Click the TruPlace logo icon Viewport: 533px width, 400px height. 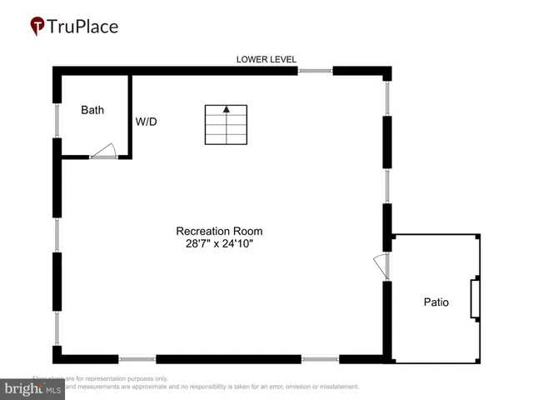pos(37,27)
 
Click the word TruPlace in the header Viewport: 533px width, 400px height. pos(82,27)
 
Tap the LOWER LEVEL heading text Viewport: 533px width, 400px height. pos(266,59)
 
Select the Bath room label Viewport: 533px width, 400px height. pos(92,110)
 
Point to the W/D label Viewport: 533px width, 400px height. pos(147,122)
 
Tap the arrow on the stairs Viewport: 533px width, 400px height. pos(226,109)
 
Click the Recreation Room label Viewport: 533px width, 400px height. pos(225,231)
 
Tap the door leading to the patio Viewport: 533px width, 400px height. pos(381,267)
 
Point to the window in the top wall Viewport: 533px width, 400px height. pos(315,71)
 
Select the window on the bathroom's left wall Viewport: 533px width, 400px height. pos(57,121)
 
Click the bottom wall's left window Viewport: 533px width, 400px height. pos(137,359)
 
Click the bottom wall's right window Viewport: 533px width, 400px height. pos(321,359)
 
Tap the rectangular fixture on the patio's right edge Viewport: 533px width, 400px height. pos(476,299)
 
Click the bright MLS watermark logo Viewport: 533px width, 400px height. pos(32,389)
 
